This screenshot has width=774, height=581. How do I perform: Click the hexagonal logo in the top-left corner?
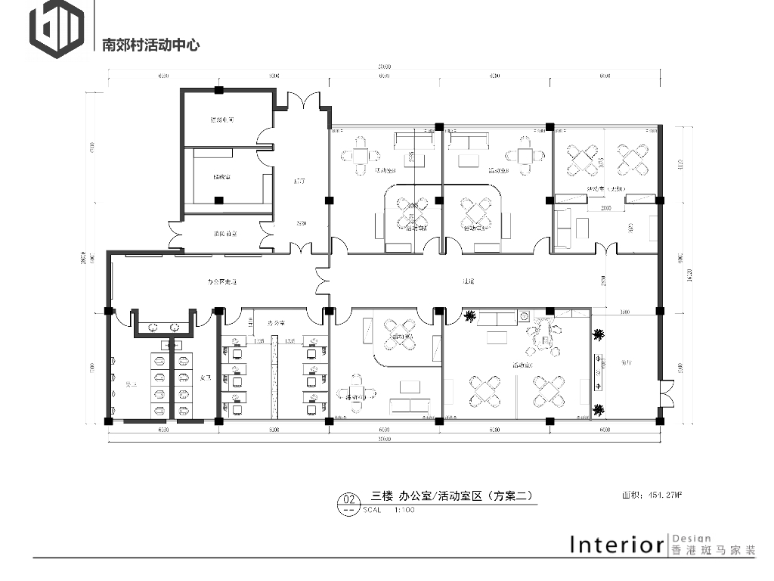click(x=56, y=31)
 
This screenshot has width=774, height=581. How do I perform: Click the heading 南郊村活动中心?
click(x=150, y=45)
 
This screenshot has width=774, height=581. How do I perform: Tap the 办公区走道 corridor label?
click(x=223, y=281)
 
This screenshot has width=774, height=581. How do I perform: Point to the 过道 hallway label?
click(x=468, y=281)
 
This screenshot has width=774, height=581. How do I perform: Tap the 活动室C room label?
click(x=522, y=365)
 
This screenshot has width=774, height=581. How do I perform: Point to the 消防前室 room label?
click(x=223, y=235)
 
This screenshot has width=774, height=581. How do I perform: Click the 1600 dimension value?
click(x=625, y=312)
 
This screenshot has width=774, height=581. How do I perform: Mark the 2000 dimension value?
click(x=606, y=207)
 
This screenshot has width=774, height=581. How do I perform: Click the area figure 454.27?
click(x=662, y=496)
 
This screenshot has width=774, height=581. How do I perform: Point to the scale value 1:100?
click(x=404, y=510)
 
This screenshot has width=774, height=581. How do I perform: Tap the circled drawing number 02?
click(x=349, y=499)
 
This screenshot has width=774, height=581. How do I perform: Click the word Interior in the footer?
click(x=616, y=545)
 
